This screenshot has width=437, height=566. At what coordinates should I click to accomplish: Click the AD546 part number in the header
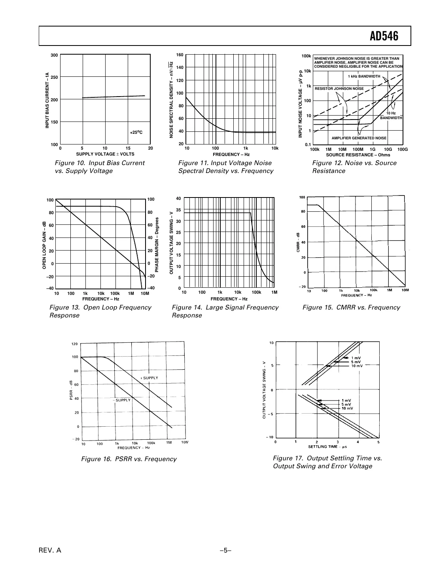click(x=384, y=36)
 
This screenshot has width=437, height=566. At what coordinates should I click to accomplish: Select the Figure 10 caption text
click(x=100, y=167)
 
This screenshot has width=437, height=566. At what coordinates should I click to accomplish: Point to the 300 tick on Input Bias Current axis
click(x=54, y=55)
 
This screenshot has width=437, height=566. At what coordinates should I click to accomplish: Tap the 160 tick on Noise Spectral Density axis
click(x=180, y=55)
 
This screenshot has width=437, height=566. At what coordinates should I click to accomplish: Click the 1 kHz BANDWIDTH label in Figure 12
click(x=364, y=76)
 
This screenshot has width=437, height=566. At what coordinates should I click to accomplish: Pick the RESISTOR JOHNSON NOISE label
click(x=339, y=88)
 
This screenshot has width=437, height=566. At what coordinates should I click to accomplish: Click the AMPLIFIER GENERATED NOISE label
click(x=359, y=138)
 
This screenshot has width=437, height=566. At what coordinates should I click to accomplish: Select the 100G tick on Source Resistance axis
click(x=402, y=149)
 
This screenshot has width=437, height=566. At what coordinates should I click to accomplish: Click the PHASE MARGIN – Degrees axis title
click(x=157, y=245)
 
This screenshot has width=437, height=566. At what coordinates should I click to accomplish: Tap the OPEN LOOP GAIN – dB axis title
click(x=44, y=245)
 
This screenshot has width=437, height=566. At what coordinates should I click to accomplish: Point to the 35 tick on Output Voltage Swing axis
click(x=178, y=210)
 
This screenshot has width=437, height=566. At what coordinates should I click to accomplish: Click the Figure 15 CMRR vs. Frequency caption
click(x=351, y=308)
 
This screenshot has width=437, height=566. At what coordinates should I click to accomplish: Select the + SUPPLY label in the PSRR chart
click(x=149, y=378)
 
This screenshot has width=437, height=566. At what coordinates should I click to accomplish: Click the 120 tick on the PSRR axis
click(x=74, y=344)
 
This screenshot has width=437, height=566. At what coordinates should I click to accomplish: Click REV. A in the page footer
click(x=50, y=551)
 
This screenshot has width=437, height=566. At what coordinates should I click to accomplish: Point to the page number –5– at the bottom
click(x=225, y=551)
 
